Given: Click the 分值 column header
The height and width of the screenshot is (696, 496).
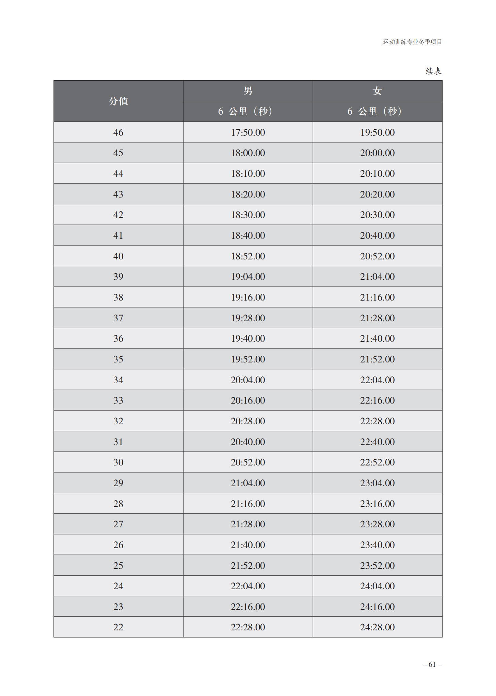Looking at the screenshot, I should pyautogui.click(x=118, y=101).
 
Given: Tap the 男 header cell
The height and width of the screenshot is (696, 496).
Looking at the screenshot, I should pyautogui.click(x=248, y=91).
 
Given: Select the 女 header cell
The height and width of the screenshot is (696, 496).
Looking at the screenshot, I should pyautogui.click(x=377, y=91).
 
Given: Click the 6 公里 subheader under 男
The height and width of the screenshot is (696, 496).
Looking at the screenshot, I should pyautogui.click(x=245, y=112).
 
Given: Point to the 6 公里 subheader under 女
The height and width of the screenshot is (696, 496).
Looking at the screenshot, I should pyautogui.click(x=374, y=112).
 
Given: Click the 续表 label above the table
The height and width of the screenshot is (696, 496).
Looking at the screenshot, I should pyautogui.click(x=433, y=71).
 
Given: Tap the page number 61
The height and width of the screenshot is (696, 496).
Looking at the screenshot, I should pyautogui.click(x=432, y=664).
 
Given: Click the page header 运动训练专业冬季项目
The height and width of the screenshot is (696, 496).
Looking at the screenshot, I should pyautogui.click(x=412, y=42).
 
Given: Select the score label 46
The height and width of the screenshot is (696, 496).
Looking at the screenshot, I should pyautogui.click(x=118, y=132).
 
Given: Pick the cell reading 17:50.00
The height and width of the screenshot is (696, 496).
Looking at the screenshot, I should pyautogui.click(x=248, y=132).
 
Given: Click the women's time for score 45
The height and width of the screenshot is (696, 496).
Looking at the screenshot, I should pyautogui.click(x=377, y=153).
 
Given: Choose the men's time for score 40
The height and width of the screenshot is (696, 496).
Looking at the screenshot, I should pyautogui.click(x=248, y=256).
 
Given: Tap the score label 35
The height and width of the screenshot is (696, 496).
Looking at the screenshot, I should pyautogui.click(x=118, y=359).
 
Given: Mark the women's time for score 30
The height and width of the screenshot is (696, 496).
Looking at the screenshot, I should pyautogui.click(x=377, y=462).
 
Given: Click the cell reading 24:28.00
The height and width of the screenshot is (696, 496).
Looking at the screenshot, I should pyautogui.click(x=377, y=627).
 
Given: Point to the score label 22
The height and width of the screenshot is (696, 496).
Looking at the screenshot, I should pyautogui.click(x=118, y=627).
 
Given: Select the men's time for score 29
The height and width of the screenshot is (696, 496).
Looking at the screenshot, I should pyautogui.click(x=248, y=483).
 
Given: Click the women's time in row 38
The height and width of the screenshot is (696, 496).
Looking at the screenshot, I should pyautogui.click(x=377, y=297).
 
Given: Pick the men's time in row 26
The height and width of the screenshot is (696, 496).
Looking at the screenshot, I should pyautogui.click(x=248, y=545).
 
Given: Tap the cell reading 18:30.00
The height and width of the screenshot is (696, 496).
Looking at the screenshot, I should pyautogui.click(x=248, y=215).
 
